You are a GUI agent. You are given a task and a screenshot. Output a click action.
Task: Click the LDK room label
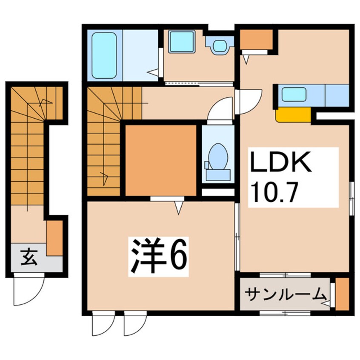[281, 162]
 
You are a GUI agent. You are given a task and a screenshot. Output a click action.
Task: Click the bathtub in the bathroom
[104, 55]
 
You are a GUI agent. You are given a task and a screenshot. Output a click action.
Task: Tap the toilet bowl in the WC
[218, 156]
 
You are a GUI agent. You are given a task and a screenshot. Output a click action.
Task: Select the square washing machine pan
[182, 42]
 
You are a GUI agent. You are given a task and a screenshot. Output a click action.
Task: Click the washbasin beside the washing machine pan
[220, 46]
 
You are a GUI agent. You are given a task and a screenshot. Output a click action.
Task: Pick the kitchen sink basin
[294, 94]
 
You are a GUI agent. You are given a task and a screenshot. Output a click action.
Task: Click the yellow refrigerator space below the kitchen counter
[293, 115]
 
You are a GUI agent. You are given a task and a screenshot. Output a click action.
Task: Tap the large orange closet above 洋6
[161, 160]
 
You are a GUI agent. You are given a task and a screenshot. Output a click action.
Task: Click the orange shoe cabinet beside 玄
[54, 238]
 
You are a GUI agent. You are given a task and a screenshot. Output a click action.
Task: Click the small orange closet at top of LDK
[256, 39]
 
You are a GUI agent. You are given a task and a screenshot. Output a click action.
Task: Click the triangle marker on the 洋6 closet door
[179, 208]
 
